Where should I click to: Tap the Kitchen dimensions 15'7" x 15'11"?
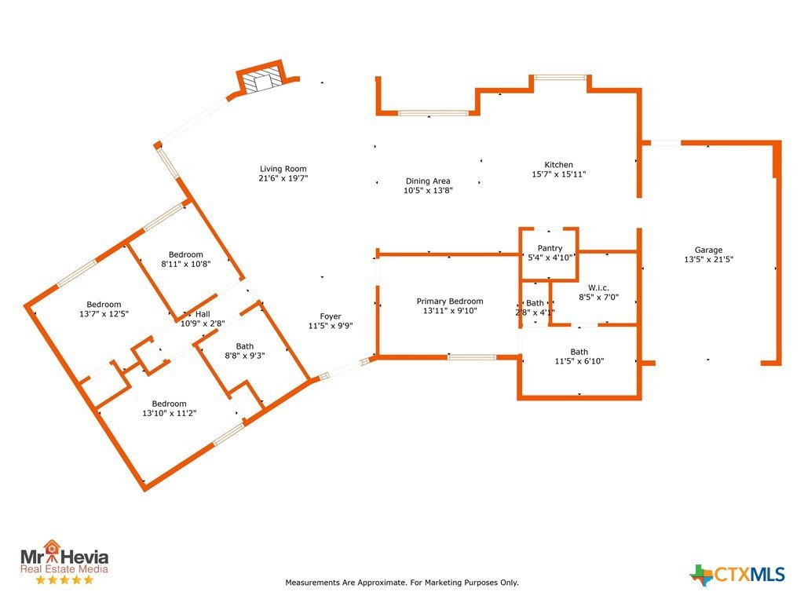pos(558,174)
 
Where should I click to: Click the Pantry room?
pos(550,254)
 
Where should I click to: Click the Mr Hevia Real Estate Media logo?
pos(64,561)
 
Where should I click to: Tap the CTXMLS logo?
pos(737,575)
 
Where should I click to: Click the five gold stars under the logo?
pos(64,580)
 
